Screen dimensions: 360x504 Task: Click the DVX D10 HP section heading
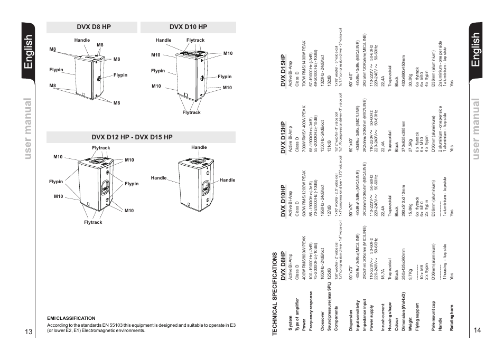click(188, 27)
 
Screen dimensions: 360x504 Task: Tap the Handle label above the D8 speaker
click(82, 40)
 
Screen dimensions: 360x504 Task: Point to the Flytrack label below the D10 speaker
click(191, 112)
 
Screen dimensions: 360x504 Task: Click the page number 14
click(477, 330)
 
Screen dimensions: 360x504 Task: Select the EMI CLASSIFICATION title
click(71, 318)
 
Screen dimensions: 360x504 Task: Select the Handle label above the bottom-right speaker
click(199, 147)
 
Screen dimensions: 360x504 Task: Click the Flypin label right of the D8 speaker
click(120, 75)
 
